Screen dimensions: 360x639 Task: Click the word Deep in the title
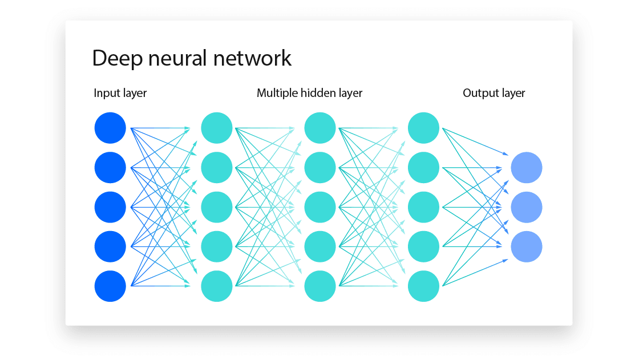click(117, 58)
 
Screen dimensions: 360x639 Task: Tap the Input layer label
click(120, 93)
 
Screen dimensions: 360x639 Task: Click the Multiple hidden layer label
click(309, 93)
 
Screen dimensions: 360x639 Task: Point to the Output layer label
click(494, 93)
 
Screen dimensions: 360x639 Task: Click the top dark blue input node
click(110, 128)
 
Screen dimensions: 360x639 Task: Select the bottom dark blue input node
click(110, 286)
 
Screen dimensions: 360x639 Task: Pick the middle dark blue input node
click(110, 207)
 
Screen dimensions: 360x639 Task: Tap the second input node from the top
click(110, 168)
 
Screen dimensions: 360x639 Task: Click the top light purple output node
click(526, 168)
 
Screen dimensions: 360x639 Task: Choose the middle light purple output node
click(526, 207)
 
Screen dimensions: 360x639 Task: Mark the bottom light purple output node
click(526, 246)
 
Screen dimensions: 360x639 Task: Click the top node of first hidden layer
click(217, 128)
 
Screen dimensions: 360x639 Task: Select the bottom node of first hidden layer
click(217, 286)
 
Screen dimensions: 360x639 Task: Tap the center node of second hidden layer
click(320, 207)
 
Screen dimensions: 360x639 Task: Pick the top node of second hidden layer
click(320, 128)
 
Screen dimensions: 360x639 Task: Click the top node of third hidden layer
click(423, 128)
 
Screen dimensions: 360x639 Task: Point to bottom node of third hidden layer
click(423, 286)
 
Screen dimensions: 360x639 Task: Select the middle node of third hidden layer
click(423, 207)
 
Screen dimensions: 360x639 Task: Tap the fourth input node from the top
click(110, 246)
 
